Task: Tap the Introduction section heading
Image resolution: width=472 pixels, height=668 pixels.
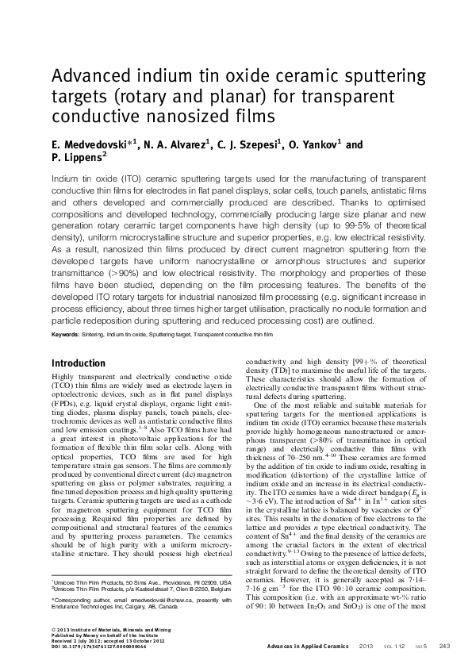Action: tap(78, 363)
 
